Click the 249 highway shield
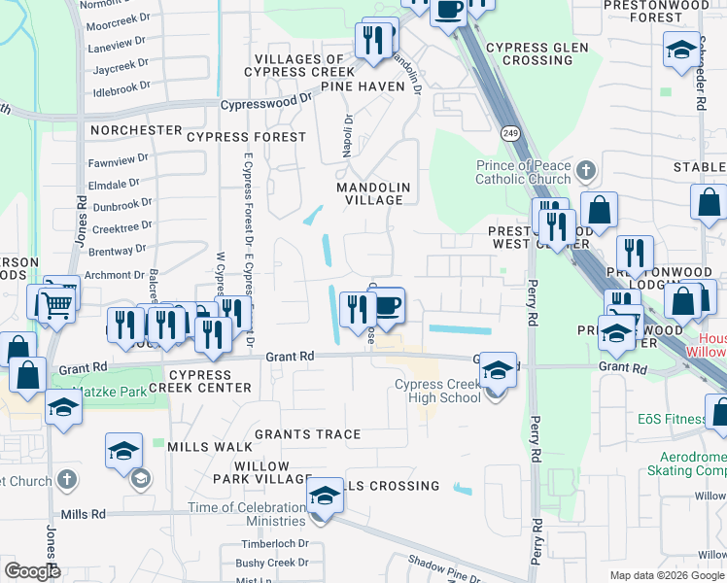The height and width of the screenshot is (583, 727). click(508, 132)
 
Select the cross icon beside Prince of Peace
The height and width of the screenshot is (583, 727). click(584, 172)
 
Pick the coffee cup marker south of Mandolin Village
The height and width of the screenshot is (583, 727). click(387, 308)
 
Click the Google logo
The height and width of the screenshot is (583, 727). click(32, 570)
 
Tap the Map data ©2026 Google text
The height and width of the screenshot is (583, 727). click(667, 575)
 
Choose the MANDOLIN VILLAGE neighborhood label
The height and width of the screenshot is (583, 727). click(373, 193)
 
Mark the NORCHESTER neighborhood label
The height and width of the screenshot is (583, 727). click(136, 130)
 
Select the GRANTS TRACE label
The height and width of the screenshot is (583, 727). click(308, 434)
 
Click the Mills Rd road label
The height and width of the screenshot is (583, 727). click(83, 514)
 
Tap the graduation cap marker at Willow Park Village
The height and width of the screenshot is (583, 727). click(325, 496)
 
